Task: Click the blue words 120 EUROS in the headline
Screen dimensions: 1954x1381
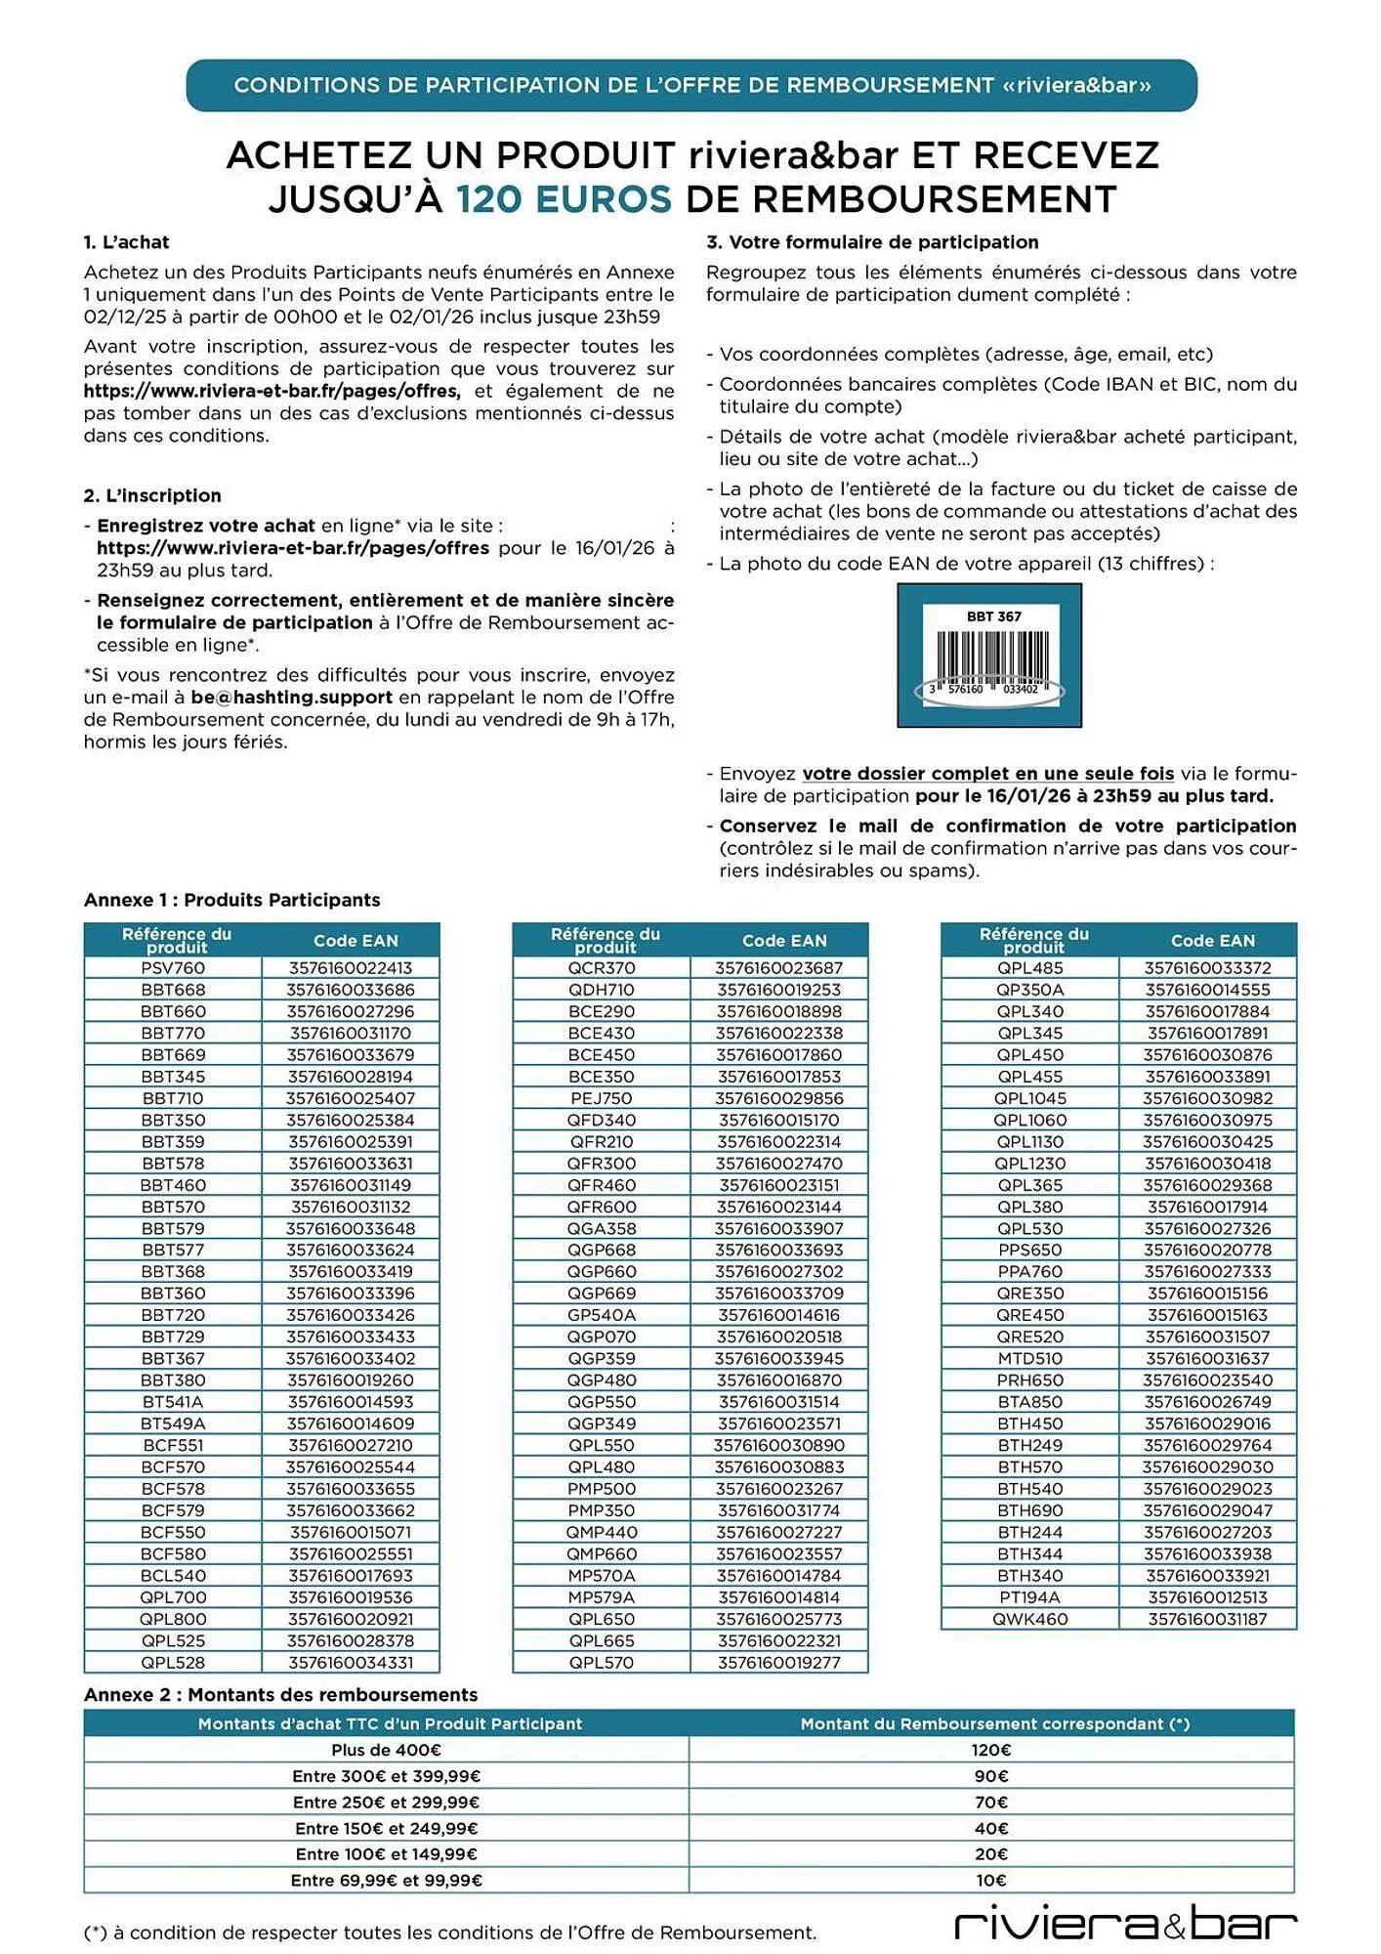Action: click(x=564, y=199)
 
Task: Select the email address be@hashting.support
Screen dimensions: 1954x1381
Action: click(x=291, y=698)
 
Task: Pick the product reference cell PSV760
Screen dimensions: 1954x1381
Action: click(x=173, y=968)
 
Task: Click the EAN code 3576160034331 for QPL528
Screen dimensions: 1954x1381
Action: click(x=351, y=1663)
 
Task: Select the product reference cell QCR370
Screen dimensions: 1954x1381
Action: click(x=602, y=968)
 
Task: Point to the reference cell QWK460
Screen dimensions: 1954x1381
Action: click(x=1030, y=1619)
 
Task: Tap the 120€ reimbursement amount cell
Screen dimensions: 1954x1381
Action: click(x=991, y=1750)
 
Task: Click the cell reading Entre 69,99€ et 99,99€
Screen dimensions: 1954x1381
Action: click(x=386, y=1880)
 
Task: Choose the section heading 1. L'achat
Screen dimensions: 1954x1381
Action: click(x=126, y=242)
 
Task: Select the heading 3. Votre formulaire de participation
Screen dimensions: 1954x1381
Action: click(x=871, y=242)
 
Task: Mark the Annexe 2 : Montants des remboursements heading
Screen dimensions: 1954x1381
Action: click(x=280, y=1695)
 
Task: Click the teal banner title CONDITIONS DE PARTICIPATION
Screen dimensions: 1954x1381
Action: click(x=691, y=85)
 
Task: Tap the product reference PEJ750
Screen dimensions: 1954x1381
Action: click(x=602, y=1098)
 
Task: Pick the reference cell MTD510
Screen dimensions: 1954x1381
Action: click(x=1030, y=1359)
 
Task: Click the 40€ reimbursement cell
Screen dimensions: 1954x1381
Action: click(x=991, y=1828)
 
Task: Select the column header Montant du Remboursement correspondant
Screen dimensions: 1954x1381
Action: click(x=994, y=1723)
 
